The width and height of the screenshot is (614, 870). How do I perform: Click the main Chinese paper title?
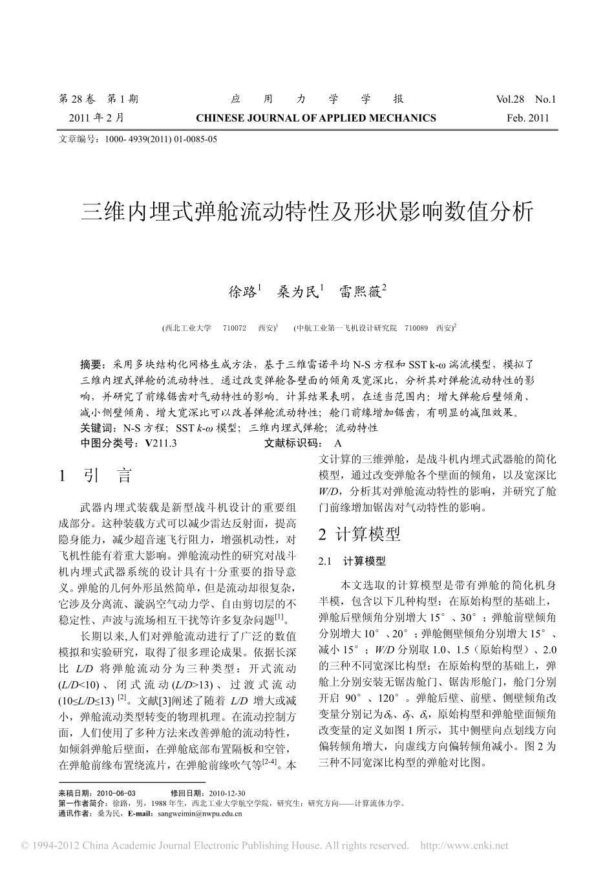tap(306, 212)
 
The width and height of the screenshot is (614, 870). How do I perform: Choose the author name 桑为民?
tap(298, 292)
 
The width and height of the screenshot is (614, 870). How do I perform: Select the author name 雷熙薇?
tap(361, 292)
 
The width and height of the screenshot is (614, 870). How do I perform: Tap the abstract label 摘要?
tap(92, 365)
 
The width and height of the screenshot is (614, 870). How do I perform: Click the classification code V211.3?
tap(161, 443)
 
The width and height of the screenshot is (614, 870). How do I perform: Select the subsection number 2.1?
tap(325, 561)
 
